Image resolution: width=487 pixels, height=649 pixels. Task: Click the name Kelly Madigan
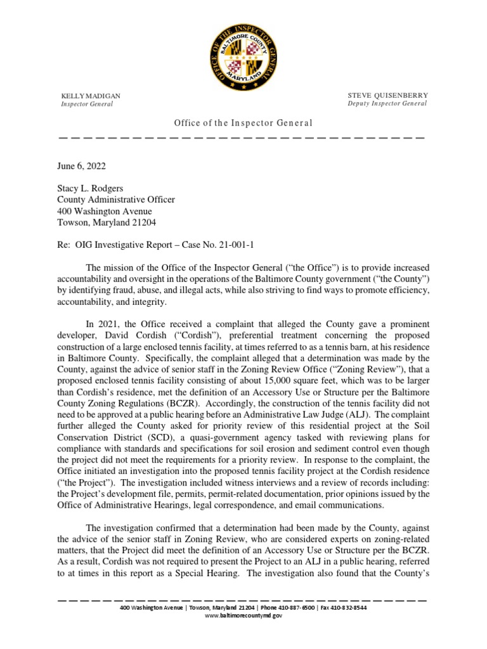pos(90,96)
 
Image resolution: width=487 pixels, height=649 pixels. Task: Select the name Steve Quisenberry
pos(387,95)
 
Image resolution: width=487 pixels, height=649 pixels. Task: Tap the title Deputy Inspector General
pos(387,103)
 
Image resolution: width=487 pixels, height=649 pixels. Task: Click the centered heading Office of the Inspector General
pos(243,123)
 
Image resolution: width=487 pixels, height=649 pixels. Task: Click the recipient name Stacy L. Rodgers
pos(92,189)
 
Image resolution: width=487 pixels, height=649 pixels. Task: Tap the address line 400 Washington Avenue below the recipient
pos(105,212)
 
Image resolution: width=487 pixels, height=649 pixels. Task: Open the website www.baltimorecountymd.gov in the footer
pos(243,615)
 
